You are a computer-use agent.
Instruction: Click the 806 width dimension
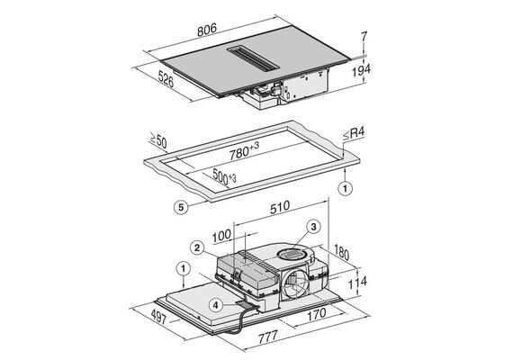pos(207,29)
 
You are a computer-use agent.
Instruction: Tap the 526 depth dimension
pos(166,79)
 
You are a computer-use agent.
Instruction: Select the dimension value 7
pos(364,36)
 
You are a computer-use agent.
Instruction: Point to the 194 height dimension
pos(361,70)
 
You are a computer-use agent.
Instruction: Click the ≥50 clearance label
pos(158,140)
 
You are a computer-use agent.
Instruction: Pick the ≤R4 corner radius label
pos(354,134)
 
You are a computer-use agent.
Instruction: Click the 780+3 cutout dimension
pos(244,151)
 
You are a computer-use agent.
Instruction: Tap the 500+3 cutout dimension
pos(224,176)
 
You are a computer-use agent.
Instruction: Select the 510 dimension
pos(280,207)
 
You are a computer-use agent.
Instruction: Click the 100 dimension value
pos(221,236)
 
